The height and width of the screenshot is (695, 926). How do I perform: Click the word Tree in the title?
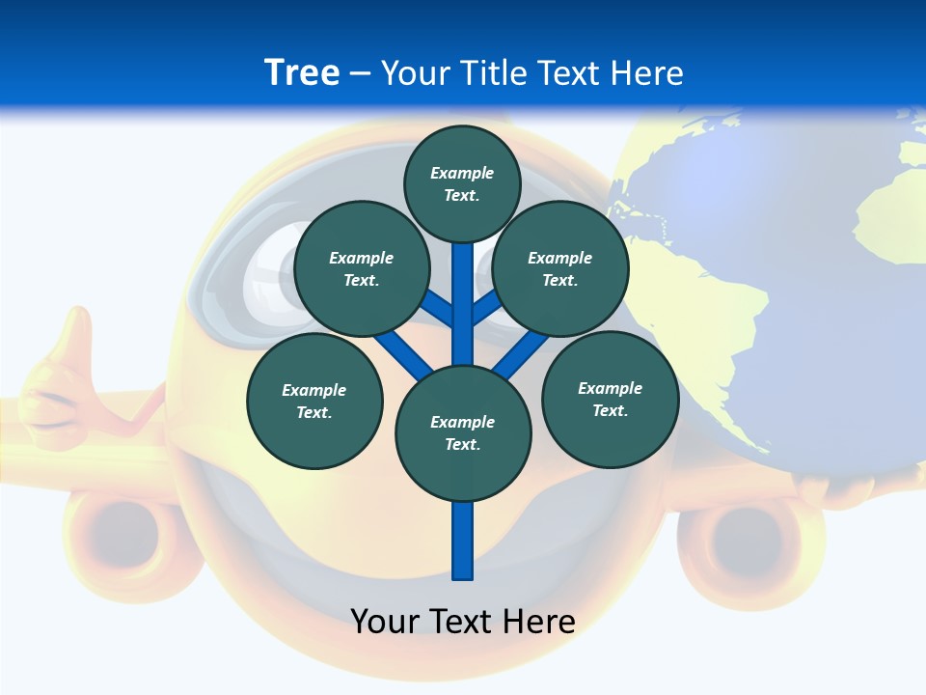[302, 72]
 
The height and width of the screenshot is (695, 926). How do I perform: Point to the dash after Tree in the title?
[360, 73]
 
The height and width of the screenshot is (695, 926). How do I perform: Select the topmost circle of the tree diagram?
[462, 183]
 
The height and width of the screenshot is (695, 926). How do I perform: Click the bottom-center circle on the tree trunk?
[463, 433]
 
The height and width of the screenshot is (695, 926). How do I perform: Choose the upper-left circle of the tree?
[361, 268]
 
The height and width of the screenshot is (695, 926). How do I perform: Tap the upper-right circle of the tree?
[559, 268]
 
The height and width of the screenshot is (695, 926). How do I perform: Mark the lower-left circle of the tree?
[314, 401]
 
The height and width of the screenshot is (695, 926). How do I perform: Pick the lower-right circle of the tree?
[610, 399]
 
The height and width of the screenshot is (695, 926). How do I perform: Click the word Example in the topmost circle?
[462, 173]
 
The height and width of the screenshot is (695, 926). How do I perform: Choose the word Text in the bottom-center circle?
[462, 444]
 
